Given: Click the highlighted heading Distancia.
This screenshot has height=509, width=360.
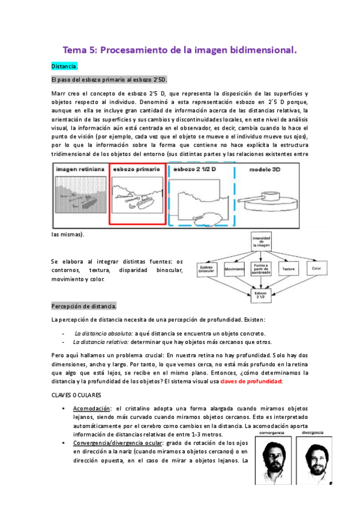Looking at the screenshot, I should [x=64, y=67].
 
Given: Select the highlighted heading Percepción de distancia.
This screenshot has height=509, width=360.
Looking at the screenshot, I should [x=84, y=306].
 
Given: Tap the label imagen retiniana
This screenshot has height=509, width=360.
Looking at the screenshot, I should [x=80, y=170].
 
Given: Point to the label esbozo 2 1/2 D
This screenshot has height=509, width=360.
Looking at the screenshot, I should [x=194, y=170].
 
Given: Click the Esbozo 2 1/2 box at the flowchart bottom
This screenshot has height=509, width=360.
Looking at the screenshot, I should [x=262, y=295].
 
